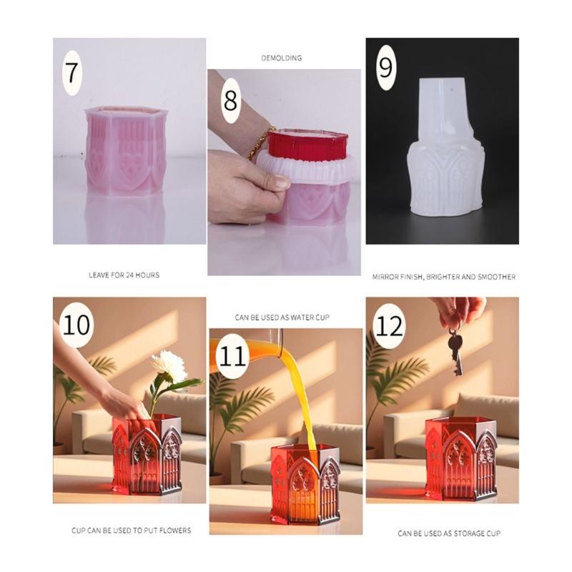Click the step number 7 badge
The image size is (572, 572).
73,72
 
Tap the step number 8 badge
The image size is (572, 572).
230,100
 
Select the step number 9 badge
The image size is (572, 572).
385,67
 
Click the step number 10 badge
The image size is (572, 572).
77,325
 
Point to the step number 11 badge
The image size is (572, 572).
233,356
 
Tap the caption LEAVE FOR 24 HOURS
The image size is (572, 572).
124,275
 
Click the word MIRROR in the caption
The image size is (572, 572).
387,276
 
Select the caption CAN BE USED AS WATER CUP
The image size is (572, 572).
282,317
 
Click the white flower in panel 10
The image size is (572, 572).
169,365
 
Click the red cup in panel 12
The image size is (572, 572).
460,458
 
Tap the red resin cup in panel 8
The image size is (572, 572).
307,144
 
